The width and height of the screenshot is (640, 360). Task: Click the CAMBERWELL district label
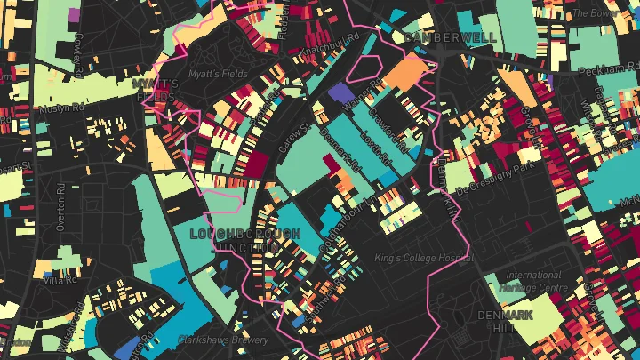click(x=437, y=37)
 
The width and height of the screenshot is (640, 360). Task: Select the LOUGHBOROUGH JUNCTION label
click(x=245, y=240)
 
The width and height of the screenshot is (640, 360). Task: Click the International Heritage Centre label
click(x=533, y=281)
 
